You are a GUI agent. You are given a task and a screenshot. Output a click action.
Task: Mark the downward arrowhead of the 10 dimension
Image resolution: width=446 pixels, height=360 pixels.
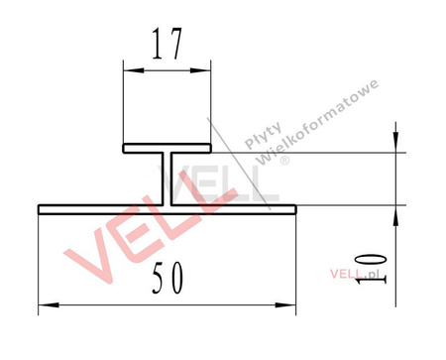click(x=396, y=144)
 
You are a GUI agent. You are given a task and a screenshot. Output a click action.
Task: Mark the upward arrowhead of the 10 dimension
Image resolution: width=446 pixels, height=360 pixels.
click(x=396, y=213)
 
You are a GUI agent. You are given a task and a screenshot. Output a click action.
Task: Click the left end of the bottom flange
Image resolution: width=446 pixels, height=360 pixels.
click(x=41, y=209)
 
